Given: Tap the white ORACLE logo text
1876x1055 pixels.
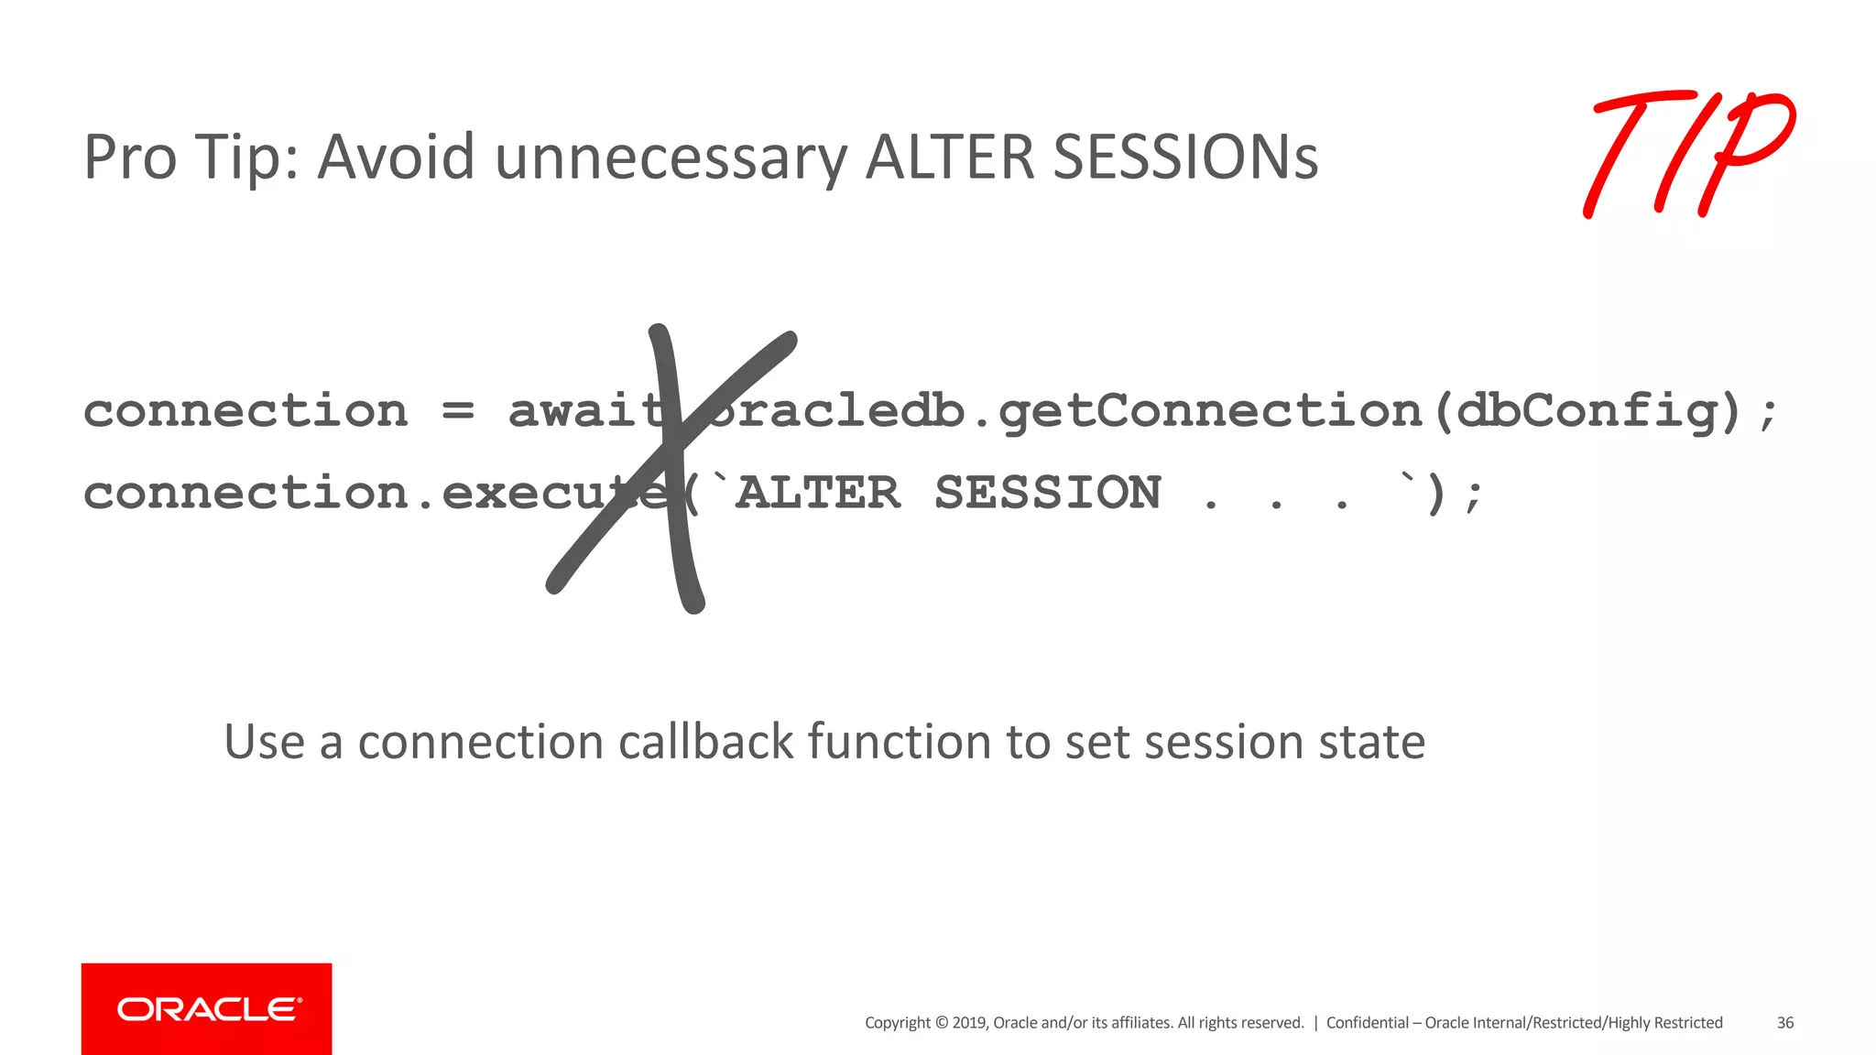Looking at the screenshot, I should pyautogui.click(x=209, y=1009).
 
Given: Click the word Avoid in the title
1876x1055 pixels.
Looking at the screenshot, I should pyautogui.click(x=396, y=157).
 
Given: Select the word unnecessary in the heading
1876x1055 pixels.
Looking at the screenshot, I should pyautogui.click(x=671, y=158).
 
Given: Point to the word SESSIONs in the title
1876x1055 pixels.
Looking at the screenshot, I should pyautogui.click(x=1185, y=157).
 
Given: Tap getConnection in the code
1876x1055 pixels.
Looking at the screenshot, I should pyautogui.click(x=1209, y=411).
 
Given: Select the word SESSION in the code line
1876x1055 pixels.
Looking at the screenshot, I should pyautogui.click(x=1048, y=493).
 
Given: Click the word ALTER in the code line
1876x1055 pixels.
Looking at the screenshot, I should pyautogui.click(x=818, y=493).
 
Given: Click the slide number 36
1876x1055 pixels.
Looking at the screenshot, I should pyautogui.click(x=1785, y=1023).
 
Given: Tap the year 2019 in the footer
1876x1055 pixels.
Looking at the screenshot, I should pyautogui.click(x=968, y=1023).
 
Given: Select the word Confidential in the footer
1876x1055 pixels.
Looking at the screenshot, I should pyautogui.click(x=1367, y=1023).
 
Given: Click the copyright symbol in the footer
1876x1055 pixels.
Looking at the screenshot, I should pyautogui.click(x=941, y=1023).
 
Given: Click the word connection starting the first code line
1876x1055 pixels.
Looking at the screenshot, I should pyautogui.click(x=245, y=410).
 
